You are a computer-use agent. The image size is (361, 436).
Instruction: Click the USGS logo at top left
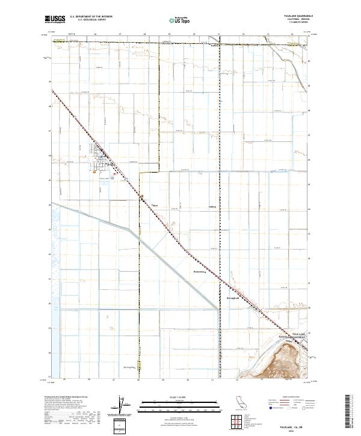click(55, 19)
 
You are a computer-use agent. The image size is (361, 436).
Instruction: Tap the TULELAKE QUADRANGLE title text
click(296, 16)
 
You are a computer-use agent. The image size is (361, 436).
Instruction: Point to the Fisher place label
click(155, 206)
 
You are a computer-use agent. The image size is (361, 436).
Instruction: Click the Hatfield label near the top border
click(214, 44)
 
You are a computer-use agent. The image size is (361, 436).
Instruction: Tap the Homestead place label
click(199, 271)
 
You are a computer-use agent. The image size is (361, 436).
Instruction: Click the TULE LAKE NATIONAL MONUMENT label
click(292, 338)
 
